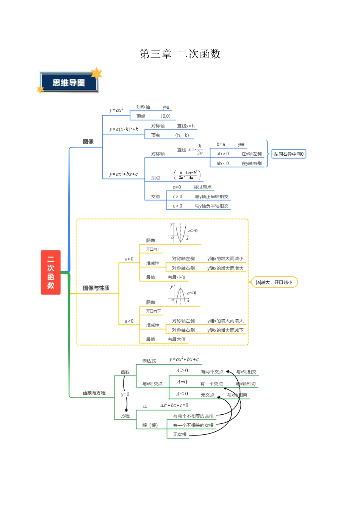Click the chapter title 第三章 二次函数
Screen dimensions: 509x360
tap(180, 54)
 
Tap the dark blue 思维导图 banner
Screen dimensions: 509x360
tap(69, 83)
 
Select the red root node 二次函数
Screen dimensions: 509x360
tap(50, 272)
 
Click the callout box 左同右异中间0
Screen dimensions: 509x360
tap(289, 154)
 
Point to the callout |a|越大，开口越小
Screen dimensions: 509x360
tap(274, 282)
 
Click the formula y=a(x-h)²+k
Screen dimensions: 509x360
tap(124, 129)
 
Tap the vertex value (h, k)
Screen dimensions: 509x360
tap(182, 135)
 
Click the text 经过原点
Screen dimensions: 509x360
tap(202, 187)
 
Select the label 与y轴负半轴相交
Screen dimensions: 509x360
tap(211, 206)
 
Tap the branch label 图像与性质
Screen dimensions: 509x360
tap(96, 288)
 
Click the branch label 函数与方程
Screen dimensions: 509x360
tap(94, 393)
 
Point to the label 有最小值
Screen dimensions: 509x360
tap(177, 277)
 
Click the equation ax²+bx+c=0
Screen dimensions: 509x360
tap(174, 405)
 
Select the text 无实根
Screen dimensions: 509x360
tap(180, 434)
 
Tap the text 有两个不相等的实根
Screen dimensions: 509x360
tap(193, 416)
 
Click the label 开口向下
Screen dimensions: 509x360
tap(153, 311)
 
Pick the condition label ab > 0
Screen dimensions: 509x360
tap(222, 154)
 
